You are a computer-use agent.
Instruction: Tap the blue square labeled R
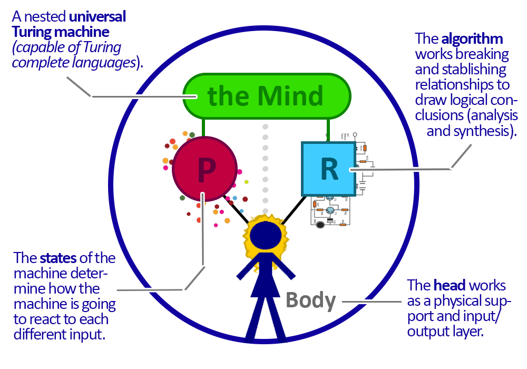pos(328,169)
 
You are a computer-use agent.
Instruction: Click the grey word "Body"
pos(310,300)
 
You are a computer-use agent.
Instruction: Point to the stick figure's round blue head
pos(268,235)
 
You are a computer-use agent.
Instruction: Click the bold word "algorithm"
pos(472,39)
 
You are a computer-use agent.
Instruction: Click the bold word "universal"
pos(97,17)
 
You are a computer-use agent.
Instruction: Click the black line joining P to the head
pos(236,209)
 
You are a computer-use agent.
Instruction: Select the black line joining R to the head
pos(290,210)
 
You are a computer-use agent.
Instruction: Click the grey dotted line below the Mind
pos(265,163)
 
